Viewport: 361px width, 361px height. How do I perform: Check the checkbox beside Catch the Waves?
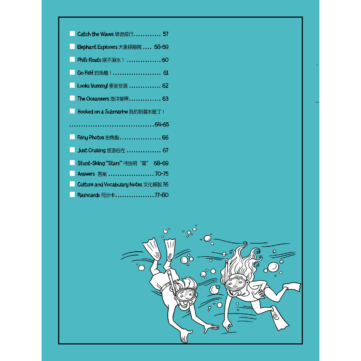(x=72, y=33)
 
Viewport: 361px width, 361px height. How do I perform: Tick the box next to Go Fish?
(x=72, y=72)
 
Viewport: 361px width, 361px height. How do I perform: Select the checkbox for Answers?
(x=72, y=173)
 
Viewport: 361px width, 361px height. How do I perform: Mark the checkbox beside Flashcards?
(x=72, y=195)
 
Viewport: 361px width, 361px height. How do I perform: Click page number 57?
(x=166, y=34)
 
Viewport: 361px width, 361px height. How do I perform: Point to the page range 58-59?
(x=161, y=47)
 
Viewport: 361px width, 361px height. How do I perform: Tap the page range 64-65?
(x=161, y=124)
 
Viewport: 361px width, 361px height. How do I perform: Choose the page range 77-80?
(x=161, y=195)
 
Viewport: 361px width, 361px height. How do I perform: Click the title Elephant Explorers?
(x=97, y=47)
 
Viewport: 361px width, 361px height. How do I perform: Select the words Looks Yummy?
(x=93, y=86)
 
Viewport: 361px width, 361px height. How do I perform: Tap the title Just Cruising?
(x=91, y=150)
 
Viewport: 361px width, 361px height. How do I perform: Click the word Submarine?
(x=116, y=112)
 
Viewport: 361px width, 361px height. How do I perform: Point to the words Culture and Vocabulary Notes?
(x=110, y=184)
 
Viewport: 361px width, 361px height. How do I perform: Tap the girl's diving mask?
(x=235, y=283)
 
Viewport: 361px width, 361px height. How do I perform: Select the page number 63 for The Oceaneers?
(x=165, y=99)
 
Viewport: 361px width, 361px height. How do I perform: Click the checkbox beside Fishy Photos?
(x=72, y=137)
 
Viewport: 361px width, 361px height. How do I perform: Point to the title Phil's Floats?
(x=89, y=60)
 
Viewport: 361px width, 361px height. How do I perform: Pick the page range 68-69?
(x=161, y=163)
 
